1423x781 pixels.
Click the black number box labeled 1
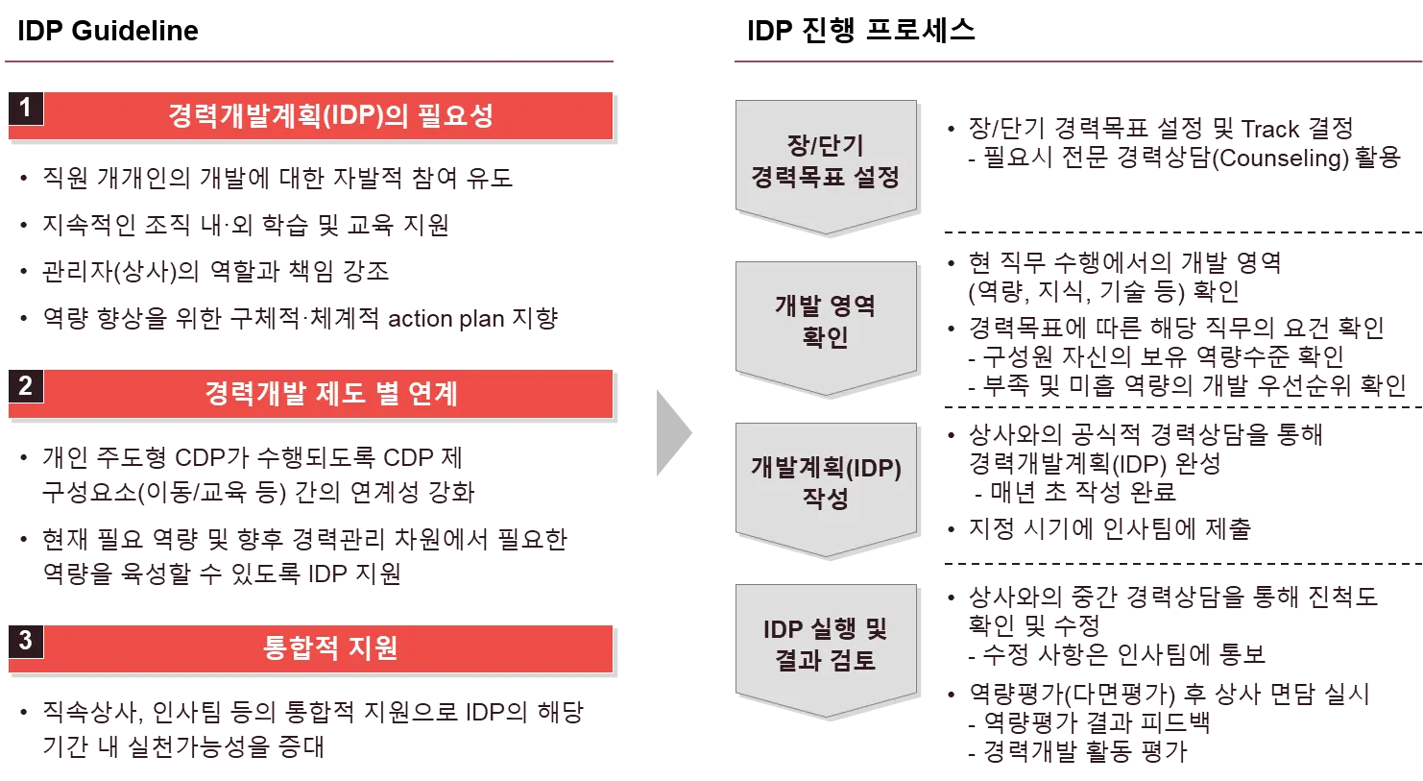coord(25,108)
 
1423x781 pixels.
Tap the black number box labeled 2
coord(25,386)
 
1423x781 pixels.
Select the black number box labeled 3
coord(25,640)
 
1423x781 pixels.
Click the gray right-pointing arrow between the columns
coord(673,430)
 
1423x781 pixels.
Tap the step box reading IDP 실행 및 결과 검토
coord(825,645)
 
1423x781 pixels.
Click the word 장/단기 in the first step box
coord(825,146)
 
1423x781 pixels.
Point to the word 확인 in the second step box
coord(825,338)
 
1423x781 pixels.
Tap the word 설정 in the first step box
coord(876,178)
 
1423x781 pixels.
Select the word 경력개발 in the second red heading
coord(252,394)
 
